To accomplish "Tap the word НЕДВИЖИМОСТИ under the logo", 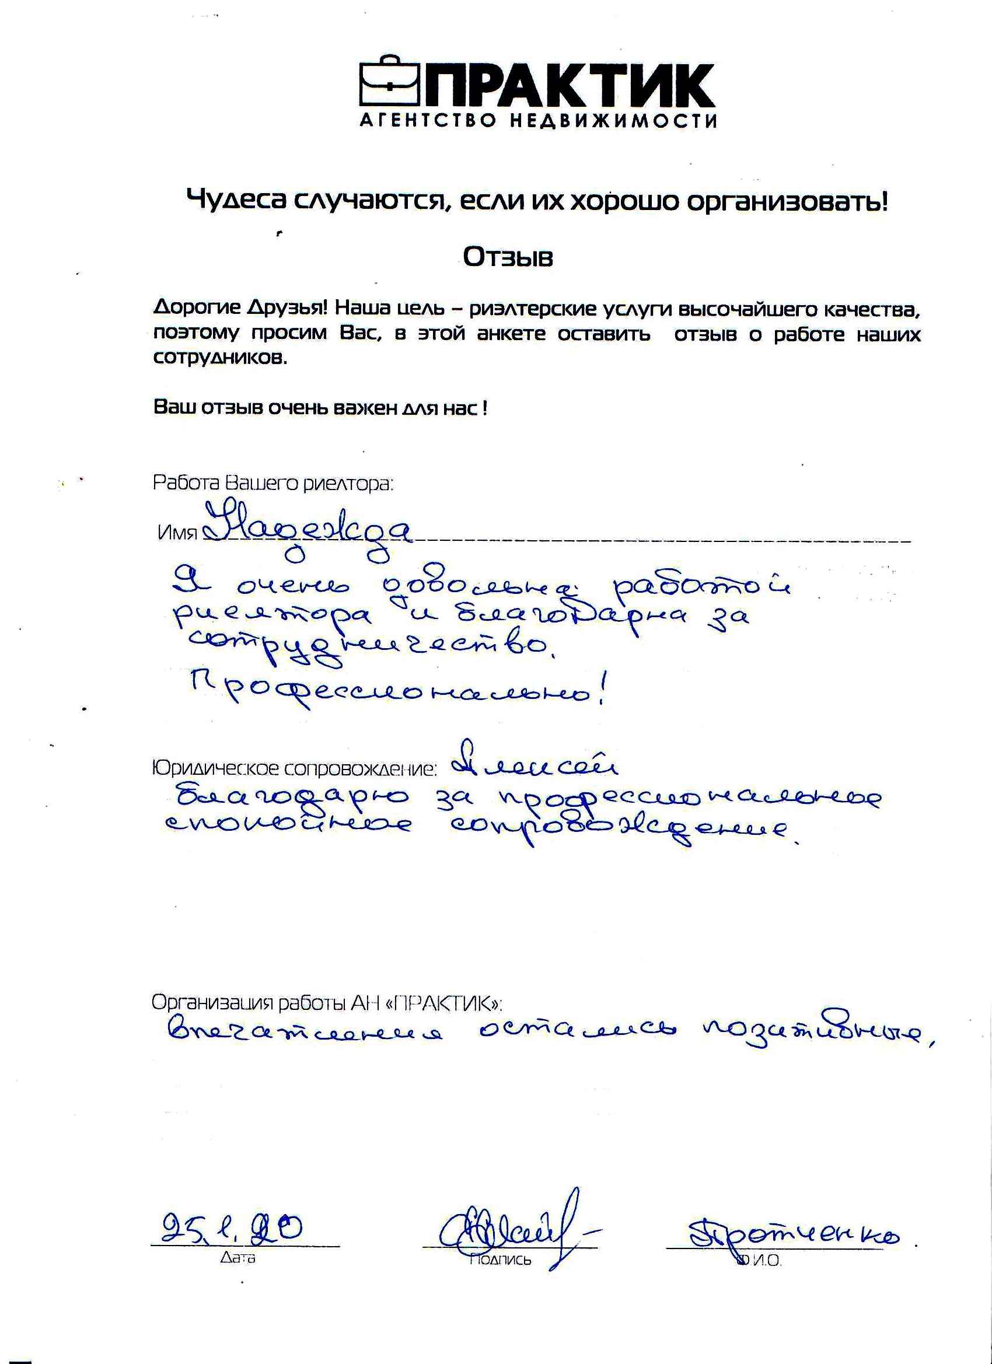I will [x=614, y=121].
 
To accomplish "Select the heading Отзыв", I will [x=508, y=257].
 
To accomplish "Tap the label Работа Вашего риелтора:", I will [x=273, y=483].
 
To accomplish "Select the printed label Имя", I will [x=177, y=533].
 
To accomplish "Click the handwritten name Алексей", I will [x=536, y=765].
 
